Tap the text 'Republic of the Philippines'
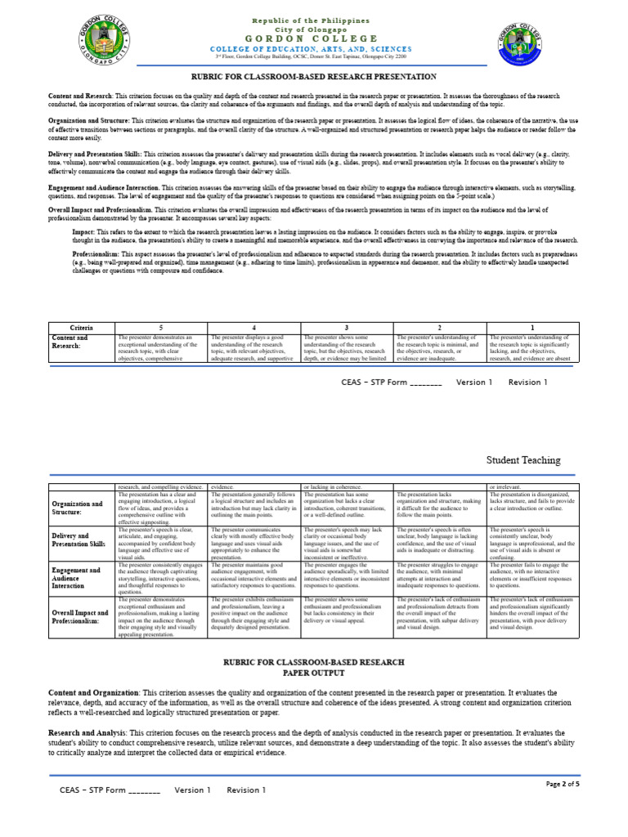314,19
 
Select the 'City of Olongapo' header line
314,29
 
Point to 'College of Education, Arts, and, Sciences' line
314,49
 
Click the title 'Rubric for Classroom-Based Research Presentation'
314,76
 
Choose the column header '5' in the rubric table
161,327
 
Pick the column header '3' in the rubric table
347,327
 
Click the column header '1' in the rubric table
532,327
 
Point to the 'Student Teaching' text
523,460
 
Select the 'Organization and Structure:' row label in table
78,508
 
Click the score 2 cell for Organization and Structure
440,505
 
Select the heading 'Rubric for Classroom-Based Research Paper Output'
314,666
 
